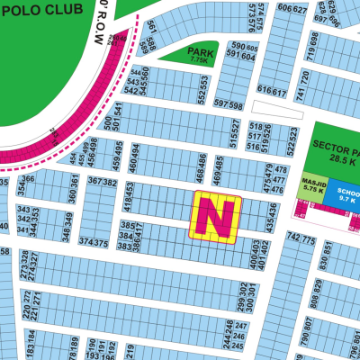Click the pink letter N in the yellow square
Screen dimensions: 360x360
[x=215, y=217]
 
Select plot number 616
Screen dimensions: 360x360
[x=264, y=90]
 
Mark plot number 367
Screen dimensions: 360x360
[x=96, y=183]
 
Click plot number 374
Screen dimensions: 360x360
[x=86, y=243]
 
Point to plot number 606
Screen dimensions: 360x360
[x=286, y=9]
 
